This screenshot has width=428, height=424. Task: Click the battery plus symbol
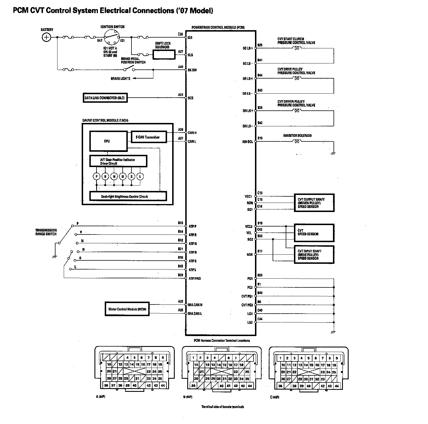(46, 37)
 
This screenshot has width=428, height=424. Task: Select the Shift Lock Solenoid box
(164, 54)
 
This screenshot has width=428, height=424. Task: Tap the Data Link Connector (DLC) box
(105, 98)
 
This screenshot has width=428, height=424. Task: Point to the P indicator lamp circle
(97, 176)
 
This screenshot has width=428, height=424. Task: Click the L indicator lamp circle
(140, 176)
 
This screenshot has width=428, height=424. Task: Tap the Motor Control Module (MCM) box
(127, 309)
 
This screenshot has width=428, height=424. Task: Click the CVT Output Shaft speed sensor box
(314, 203)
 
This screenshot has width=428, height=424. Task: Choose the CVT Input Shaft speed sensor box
(314, 255)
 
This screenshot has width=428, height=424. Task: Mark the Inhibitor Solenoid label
(297, 136)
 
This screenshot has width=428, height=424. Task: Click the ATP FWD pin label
(195, 278)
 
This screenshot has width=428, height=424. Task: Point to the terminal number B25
(260, 45)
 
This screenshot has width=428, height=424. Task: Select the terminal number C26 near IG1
(180, 34)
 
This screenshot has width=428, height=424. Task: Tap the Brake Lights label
(120, 79)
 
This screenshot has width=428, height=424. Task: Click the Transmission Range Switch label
(46, 232)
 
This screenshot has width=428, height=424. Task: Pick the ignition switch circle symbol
(111, 37)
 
